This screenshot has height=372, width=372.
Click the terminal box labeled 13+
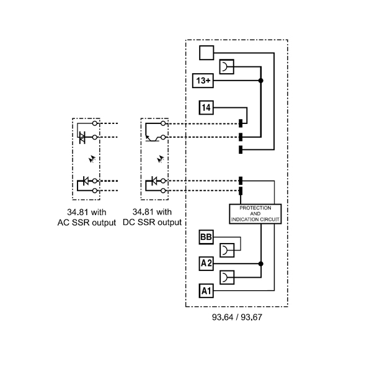pos(204,81)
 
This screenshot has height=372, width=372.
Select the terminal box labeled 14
pos(206,108)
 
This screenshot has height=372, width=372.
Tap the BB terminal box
pos(206,237)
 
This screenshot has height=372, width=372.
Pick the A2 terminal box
pos(206,263)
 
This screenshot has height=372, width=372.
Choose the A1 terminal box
pos(206,290)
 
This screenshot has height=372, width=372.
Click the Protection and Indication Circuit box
pos(255,214)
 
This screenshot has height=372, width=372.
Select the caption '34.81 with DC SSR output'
pos(153,218)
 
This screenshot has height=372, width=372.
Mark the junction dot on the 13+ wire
pos(261,81)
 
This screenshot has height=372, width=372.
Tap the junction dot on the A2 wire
pos(261,263)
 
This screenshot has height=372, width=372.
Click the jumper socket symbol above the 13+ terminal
pos(227,67)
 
